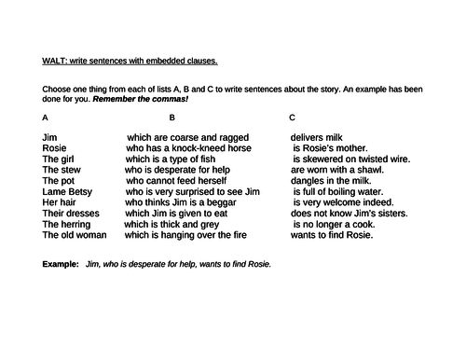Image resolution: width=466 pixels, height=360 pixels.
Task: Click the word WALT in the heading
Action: click(55, 62)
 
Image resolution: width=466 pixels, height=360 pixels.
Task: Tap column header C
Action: click(293, 118)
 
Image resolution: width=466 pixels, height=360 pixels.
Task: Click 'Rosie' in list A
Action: click(55, 147)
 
